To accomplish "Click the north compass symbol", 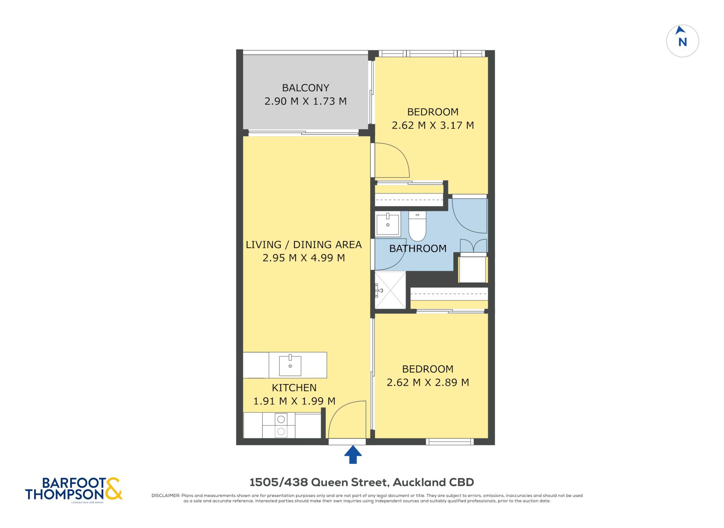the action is (x=682, y=41).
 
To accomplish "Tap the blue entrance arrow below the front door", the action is (x=353, y=454).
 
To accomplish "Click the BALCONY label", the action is (x=305, y=88).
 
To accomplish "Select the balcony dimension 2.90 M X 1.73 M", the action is (x=305, y=101).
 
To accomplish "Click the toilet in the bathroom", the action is (x=417, y=226).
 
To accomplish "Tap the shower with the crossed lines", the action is (x=390, y=290).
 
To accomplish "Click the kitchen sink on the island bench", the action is (x=290, y=365).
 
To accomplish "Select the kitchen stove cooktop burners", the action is (x=281, y=426).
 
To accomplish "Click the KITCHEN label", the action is (x=294, y=388).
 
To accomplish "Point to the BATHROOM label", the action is (x=418, y=248).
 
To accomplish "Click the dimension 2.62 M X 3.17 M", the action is (x=433, y=125).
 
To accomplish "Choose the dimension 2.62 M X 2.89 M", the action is (x=428, y=382).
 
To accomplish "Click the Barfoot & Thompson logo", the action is (x=74, y=489).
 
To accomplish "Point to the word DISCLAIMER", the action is (x=166, y=495).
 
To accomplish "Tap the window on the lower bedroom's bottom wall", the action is (x=450, y=441).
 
